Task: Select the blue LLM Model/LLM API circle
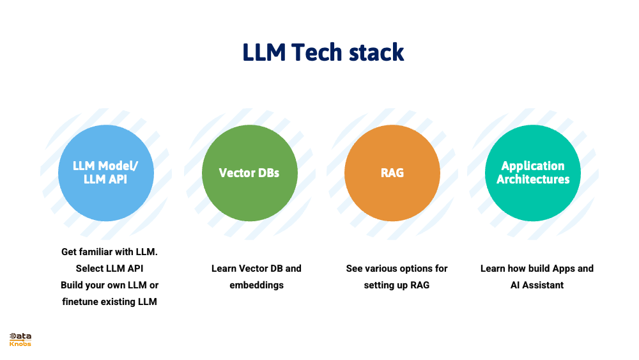click(x=106, y=173)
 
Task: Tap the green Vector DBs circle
click(x=249, y=173)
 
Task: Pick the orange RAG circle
click(x=392, y=173)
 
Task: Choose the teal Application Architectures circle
click(x=533, y=173)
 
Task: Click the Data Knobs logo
click(x=20, y=339)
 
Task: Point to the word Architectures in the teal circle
click(x=533, y=180)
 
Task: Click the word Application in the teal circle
click(x=533, y=166)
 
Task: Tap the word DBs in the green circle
click(x=268, y=173)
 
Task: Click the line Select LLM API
click(x=110, y=269)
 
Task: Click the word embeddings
click(x=256, y=285)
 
